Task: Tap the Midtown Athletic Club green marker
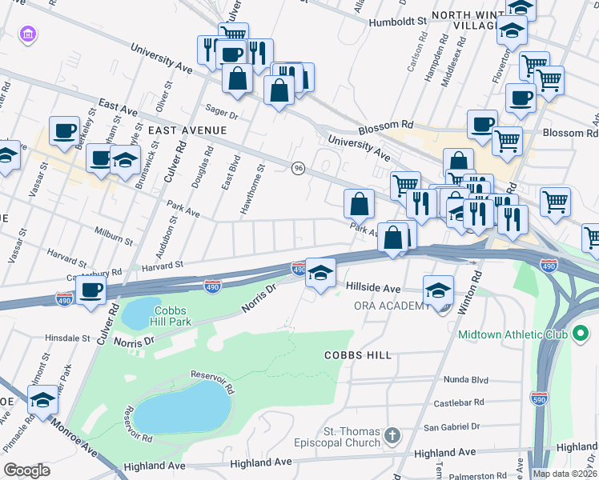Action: [x=581, y=332]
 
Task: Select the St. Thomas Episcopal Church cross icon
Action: [x=392, y=435]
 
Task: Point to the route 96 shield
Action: [x=299, y=168]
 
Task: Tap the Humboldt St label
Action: [x=396, y=22]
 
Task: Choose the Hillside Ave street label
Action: [x=373, y=287]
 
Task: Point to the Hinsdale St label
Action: [x=68, y=338]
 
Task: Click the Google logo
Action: [x=26, y=470]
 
